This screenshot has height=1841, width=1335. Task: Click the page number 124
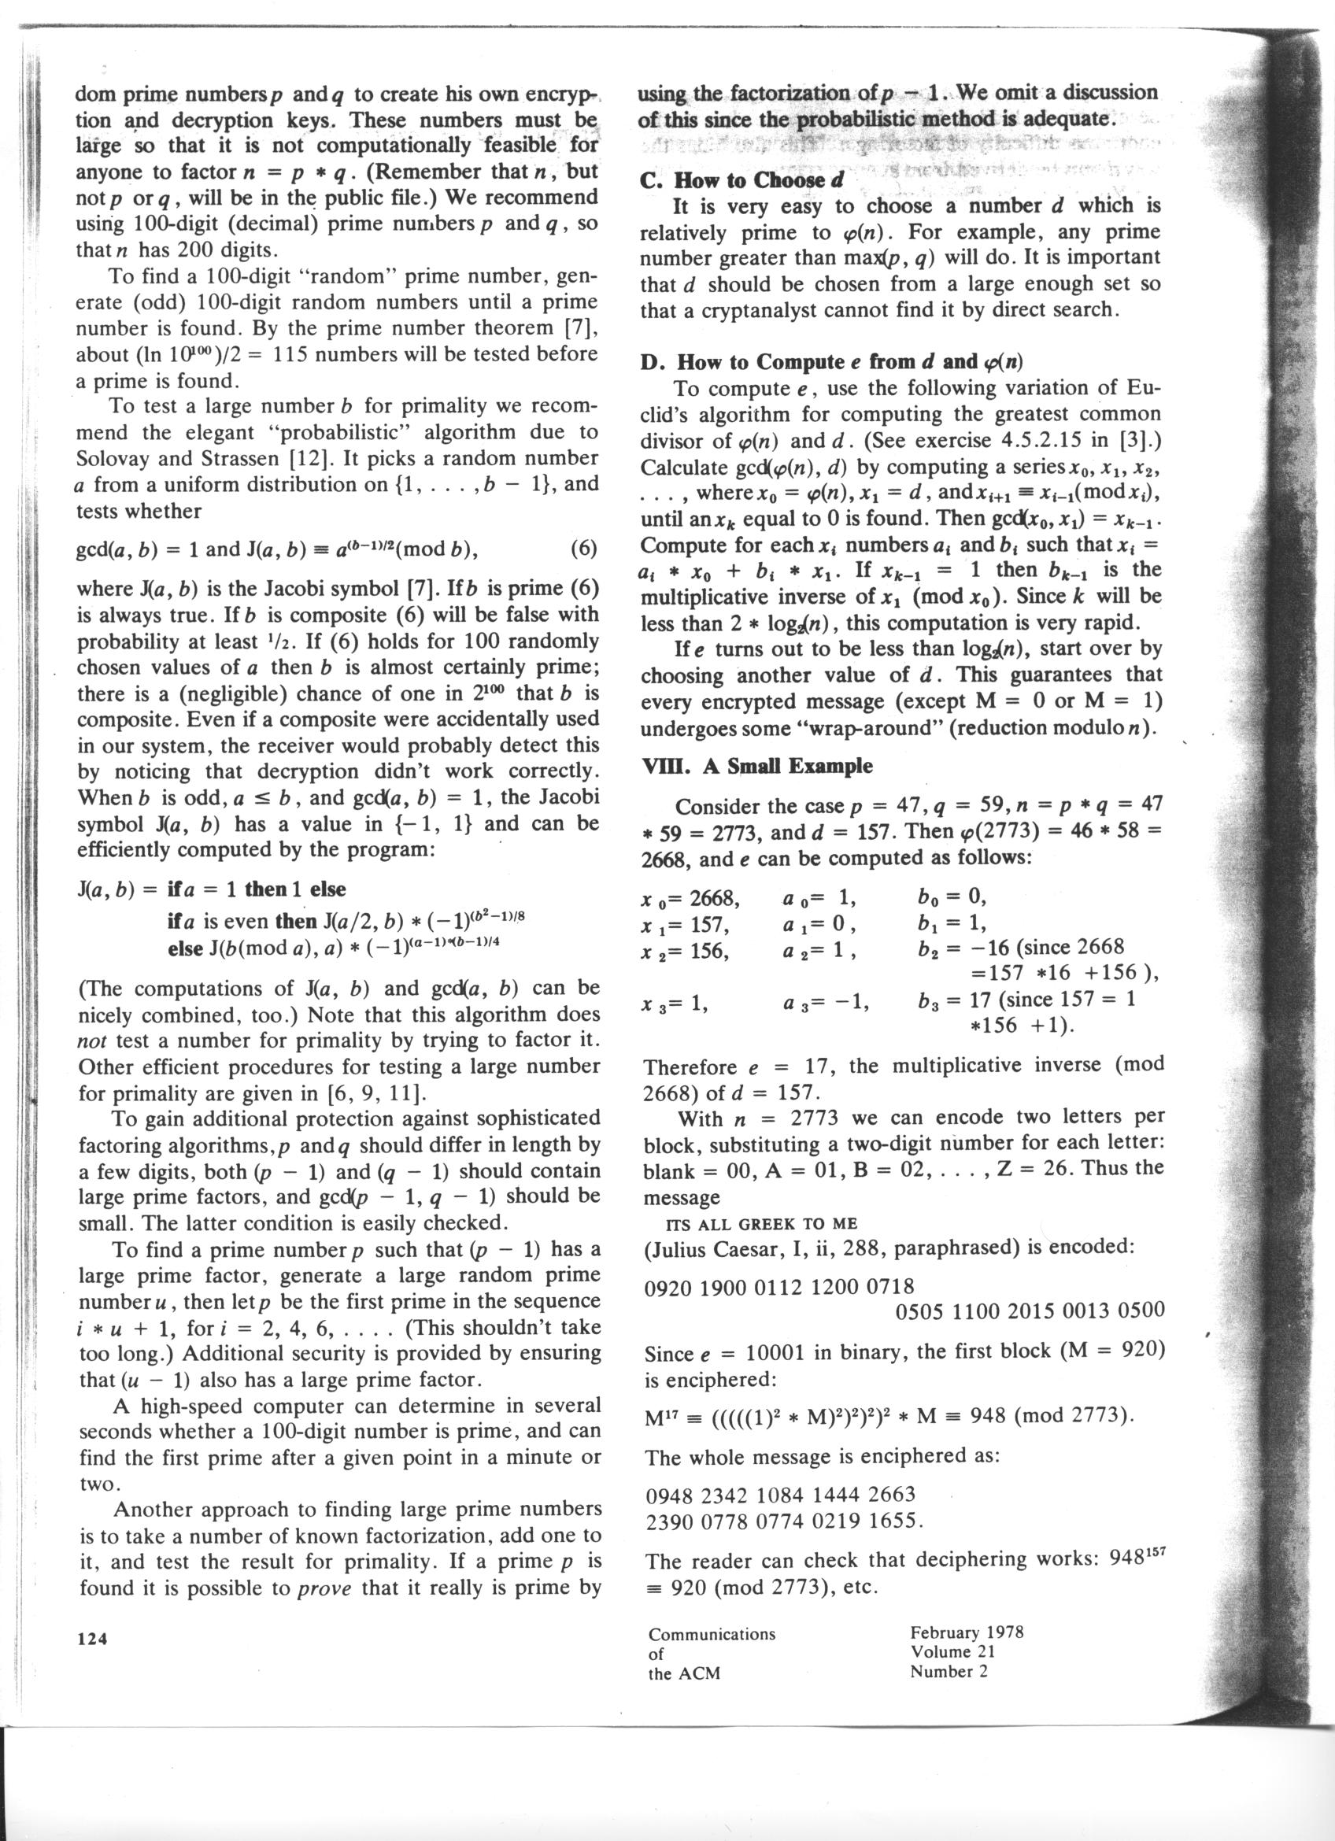[92, 1639]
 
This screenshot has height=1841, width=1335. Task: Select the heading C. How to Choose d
[741, 180]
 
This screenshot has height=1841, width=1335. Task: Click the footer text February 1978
[967, 1632]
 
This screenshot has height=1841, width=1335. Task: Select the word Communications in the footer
[712, 1634]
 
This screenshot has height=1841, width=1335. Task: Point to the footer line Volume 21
[952, 1652]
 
